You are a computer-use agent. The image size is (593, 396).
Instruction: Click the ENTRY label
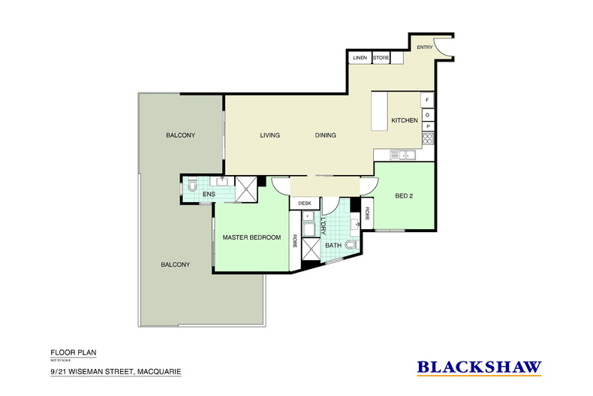tap(425, 47)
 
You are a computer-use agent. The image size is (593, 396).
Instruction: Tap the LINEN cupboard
tap(358, 57)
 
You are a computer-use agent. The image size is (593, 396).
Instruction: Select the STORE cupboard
tap(381, 57)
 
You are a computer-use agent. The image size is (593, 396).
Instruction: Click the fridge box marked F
tap(427, 100)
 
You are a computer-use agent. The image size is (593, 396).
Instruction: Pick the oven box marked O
tap(427, 114)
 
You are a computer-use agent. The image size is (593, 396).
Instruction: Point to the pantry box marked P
tap(427, 126)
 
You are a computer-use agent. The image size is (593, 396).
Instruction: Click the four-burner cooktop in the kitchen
tap(427, 139)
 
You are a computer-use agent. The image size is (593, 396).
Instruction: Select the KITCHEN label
tap(404, 120)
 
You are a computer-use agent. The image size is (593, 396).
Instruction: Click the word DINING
tap(325, 135)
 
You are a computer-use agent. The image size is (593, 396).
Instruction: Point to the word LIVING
tap(269, 135)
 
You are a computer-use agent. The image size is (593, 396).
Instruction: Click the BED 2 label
tap(404, 196)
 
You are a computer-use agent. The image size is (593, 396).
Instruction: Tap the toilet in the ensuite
tap(191, 184)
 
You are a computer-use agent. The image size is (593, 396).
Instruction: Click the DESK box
tap(304, 203)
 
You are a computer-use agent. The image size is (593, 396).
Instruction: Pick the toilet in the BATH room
tap(351, 244)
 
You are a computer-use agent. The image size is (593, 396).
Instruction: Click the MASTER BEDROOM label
tap(251, 237)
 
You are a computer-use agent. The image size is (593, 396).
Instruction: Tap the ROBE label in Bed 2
tap(368, 214)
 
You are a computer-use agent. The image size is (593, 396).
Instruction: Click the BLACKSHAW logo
tap(479, 367)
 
